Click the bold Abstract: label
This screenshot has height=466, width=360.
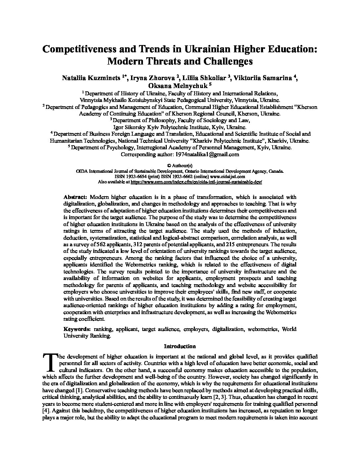(75, 197)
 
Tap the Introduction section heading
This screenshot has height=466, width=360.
(180, 346)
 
